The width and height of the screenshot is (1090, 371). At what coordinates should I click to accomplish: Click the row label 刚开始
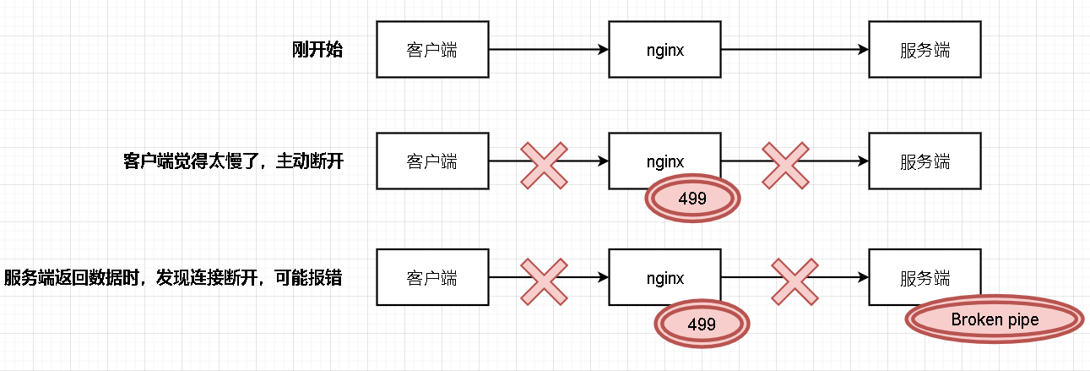point(317,49)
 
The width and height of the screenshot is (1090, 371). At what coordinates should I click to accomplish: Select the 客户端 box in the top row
point(432,50)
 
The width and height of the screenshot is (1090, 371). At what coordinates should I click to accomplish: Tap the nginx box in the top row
point(664,50)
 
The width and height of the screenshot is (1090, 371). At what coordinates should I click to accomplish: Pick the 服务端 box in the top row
point(925,50)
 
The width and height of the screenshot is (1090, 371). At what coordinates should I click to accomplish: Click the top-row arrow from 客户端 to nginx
point(549,50)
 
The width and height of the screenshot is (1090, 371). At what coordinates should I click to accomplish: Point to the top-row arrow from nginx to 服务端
point(794,50)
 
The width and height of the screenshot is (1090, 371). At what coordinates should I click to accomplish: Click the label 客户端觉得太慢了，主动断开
point(233,161)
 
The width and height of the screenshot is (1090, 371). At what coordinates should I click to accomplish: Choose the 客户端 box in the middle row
point(432,161)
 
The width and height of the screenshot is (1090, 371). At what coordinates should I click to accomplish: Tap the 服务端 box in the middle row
point(925,161)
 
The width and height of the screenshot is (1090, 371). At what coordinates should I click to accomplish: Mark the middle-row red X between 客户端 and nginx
point(544,165)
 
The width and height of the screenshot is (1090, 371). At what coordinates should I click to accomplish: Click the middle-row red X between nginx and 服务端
point(786,165)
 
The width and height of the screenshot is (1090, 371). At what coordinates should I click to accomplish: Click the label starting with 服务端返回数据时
point(173,277)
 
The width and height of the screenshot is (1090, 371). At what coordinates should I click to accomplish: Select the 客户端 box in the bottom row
point(432,277)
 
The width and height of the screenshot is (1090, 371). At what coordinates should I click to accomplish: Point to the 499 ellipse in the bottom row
point(702,324)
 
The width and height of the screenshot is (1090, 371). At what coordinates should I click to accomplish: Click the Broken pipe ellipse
point(994,320)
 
